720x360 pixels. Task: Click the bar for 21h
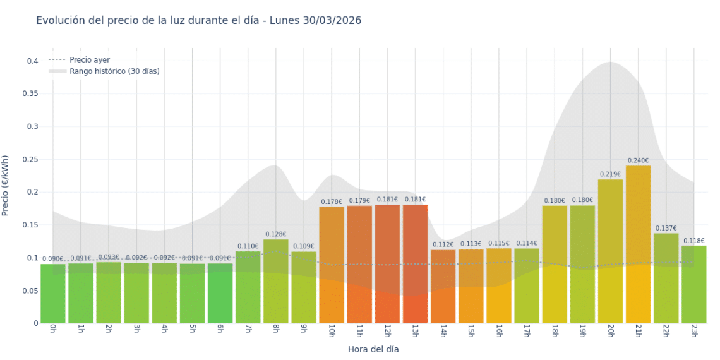point(638,244)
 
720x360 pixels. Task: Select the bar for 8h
point(275,281)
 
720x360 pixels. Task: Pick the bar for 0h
point(53,294)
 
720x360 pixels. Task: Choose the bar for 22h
point(666,278)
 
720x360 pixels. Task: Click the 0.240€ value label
point(638,160)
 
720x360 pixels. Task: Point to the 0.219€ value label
point(610,174)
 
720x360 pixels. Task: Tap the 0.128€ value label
point(275,234)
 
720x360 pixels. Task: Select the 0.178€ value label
point(331,201)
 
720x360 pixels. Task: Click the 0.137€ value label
point(666,228)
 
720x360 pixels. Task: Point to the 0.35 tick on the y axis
point(30,93)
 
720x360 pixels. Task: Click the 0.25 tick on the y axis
point(30,159)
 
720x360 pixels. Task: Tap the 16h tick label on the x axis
point(499,332)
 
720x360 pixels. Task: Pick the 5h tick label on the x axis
point(193,331)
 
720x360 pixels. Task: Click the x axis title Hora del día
point(373,349)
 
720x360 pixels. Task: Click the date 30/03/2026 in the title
point(332,20)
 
